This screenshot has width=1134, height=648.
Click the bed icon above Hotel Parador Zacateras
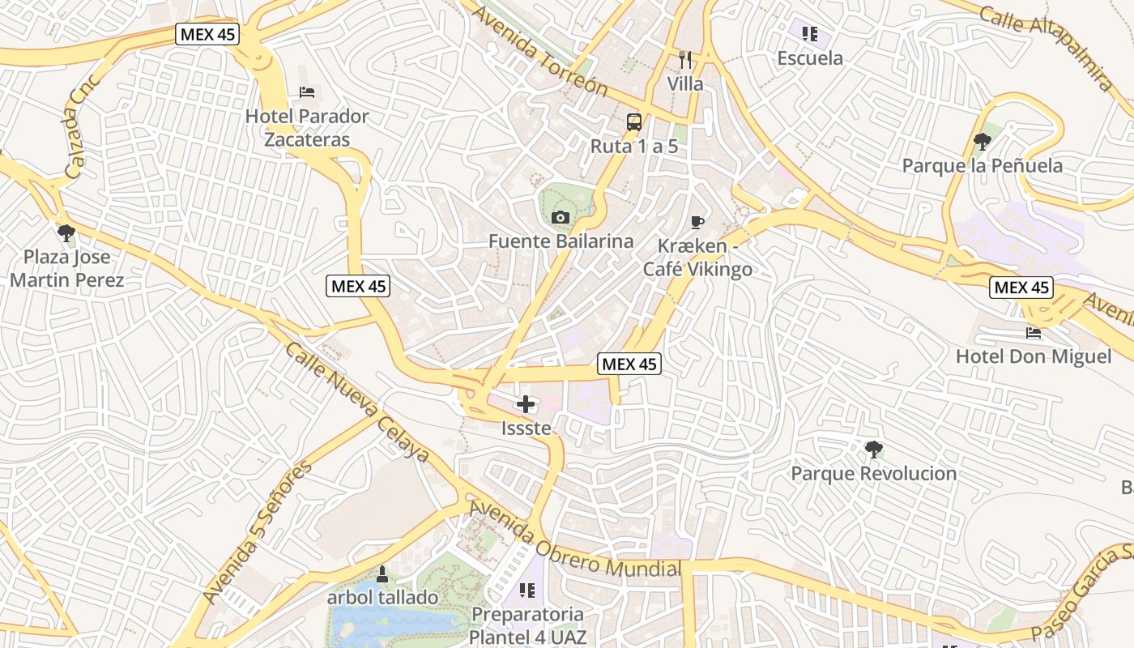[307, 92]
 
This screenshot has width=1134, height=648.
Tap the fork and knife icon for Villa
[685, 59]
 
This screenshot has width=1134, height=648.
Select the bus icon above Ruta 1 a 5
[634, 122]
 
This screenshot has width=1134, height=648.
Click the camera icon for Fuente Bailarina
[560, 217]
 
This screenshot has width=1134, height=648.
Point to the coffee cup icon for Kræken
[697, 222]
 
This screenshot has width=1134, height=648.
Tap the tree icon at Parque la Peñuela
[982, 142]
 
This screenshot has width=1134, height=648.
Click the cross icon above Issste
[526, 403]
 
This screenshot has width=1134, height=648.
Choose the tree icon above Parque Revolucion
[873, 449]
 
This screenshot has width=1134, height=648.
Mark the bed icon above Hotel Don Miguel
[1033, 332]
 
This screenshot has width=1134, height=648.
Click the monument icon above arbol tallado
[382, 574]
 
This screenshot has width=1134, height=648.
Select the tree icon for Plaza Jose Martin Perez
[66, 233]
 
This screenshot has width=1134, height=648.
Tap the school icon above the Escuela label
[809, 33]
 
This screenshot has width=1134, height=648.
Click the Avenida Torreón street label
[540, 50]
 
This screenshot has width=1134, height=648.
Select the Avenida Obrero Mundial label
[573, 540]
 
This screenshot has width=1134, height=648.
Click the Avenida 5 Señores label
[258, 533]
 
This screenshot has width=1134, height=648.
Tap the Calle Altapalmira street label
[1046, 48]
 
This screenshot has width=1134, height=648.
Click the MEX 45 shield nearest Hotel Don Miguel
[1021, 288]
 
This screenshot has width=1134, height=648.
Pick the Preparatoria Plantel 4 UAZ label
[528, 625]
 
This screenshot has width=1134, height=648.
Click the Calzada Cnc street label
[82, 127]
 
